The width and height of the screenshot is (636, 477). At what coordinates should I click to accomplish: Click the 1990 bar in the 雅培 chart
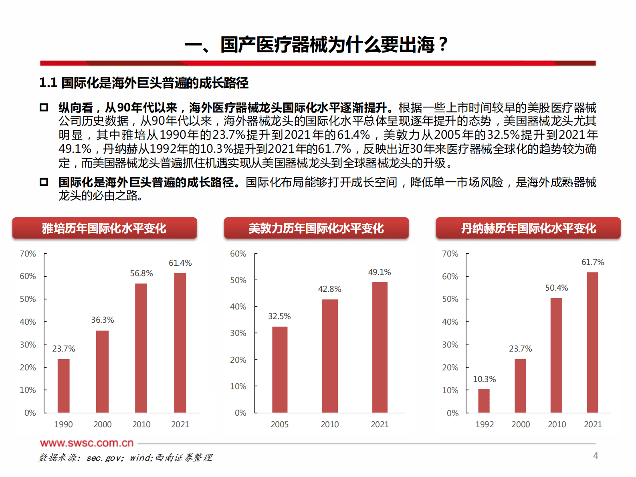pyautogui.click(x=63, y=386)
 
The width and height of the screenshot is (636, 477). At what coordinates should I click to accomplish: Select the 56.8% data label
pyautogui.click(x=141, y=273)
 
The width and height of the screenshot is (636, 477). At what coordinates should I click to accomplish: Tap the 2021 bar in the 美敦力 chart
pyautogui.click(x=380, y=347)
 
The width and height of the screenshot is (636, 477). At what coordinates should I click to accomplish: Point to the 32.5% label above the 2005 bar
pyautogui.click(x=279, y=316)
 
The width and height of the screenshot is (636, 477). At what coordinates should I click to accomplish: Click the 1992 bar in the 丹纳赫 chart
pyautogui.click(x=484, y=400)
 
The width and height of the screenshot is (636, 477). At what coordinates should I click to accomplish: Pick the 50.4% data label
pyautogui.click(x=556, y=288)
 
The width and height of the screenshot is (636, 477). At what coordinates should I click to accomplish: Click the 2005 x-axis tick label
pyautogui.click(x=279, y=424)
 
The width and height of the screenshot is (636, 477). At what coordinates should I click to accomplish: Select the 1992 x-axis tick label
pyautogui.click(x=484, y=424)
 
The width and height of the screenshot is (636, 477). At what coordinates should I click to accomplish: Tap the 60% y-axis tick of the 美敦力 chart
pyautogui.click(x=238, y=254)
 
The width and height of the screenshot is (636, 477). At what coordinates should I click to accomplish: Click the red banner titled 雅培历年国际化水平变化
pyautogui.click(x=104, y=228)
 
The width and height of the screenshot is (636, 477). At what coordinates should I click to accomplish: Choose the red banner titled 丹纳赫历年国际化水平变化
pyautogui.click(x=528, y=228)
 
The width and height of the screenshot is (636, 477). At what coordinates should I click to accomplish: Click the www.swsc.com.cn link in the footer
pyautogui.click(x=87, y=443)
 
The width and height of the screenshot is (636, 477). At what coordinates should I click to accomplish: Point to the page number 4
pyautogui.click(x=596, y=456)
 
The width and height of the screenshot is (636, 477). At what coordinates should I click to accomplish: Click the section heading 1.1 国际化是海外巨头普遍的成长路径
pyautogui.click(x=143, y=83)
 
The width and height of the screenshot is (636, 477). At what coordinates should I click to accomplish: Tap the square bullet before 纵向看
pyautogui.click(x=44, y=107)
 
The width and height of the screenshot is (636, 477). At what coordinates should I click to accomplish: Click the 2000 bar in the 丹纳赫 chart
pyautogui.click(x=520, y=386)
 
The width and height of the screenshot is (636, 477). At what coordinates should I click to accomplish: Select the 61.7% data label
pyautogui.click(x=592, y=262)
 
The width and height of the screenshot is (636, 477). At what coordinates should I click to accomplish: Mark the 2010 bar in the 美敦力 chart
pyautogui.click(x=329, y=356)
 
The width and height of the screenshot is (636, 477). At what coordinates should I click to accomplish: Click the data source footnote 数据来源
pyautogui.click(x=125, y=457)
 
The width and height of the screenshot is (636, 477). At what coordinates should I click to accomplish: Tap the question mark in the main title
pyautogui.click(x=442, y=44)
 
